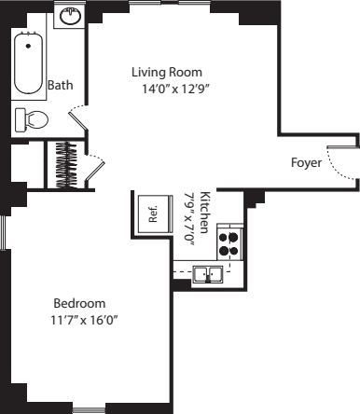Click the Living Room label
coord(167,72)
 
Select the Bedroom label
coord(79,303)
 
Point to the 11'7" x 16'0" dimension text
coord(84,320)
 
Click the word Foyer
coord(306,162)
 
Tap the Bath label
coord(60,85)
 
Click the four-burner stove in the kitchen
coord(228,243)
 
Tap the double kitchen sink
coord(207,273)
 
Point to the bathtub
coord(29,63)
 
